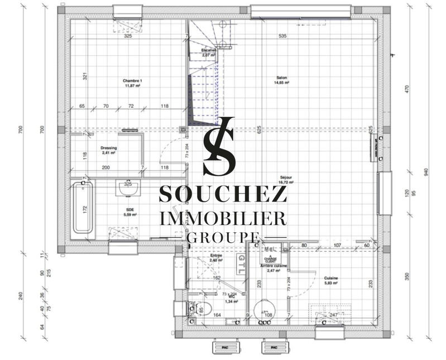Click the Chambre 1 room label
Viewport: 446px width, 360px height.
coord(132,81)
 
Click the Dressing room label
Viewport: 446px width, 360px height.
coord(108,147)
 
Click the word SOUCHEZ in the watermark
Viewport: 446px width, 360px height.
coord(223,193)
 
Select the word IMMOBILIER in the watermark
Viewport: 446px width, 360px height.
coord(223,217)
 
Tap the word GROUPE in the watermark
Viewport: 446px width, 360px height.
coord(223,238)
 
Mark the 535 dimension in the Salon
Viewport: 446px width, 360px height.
coord(282,36)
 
